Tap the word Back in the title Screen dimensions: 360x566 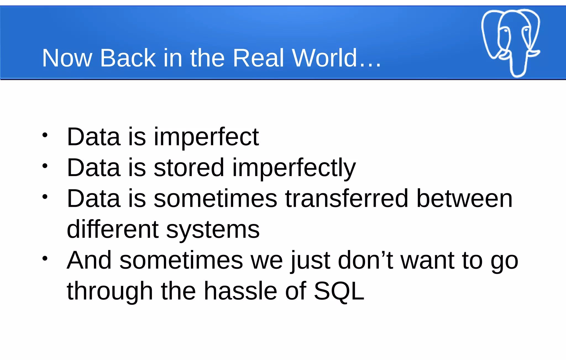128,58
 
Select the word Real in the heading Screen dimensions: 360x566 258,58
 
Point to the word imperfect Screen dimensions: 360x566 206,137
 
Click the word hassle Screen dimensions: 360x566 240,291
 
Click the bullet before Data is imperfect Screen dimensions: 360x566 45,135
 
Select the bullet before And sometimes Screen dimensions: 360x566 45,259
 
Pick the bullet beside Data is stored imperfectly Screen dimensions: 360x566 45,166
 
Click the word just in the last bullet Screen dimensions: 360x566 310,261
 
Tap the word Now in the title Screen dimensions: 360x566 67,58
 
